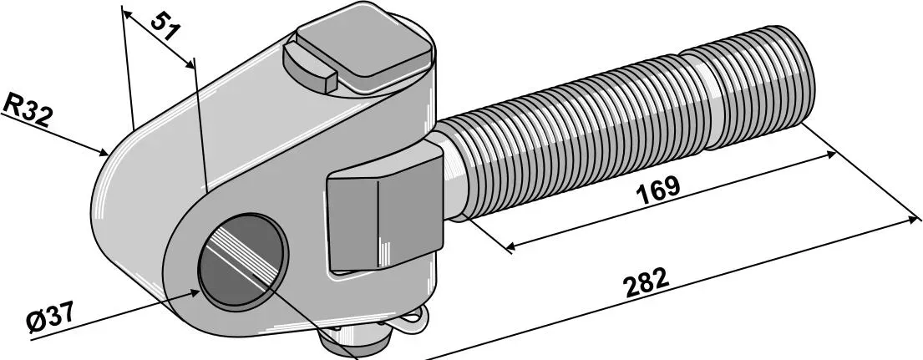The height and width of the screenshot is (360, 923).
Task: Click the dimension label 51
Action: (x=165, y=27)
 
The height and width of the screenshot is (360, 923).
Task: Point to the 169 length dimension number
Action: (x=658, y=190)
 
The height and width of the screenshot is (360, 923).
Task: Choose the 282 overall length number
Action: (x=645, y=283)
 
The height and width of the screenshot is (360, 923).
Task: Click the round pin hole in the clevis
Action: (x=243, y=261)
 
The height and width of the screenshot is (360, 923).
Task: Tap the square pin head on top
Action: (x=364, y=46)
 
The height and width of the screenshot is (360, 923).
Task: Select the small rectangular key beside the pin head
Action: (x=310, y=66)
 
